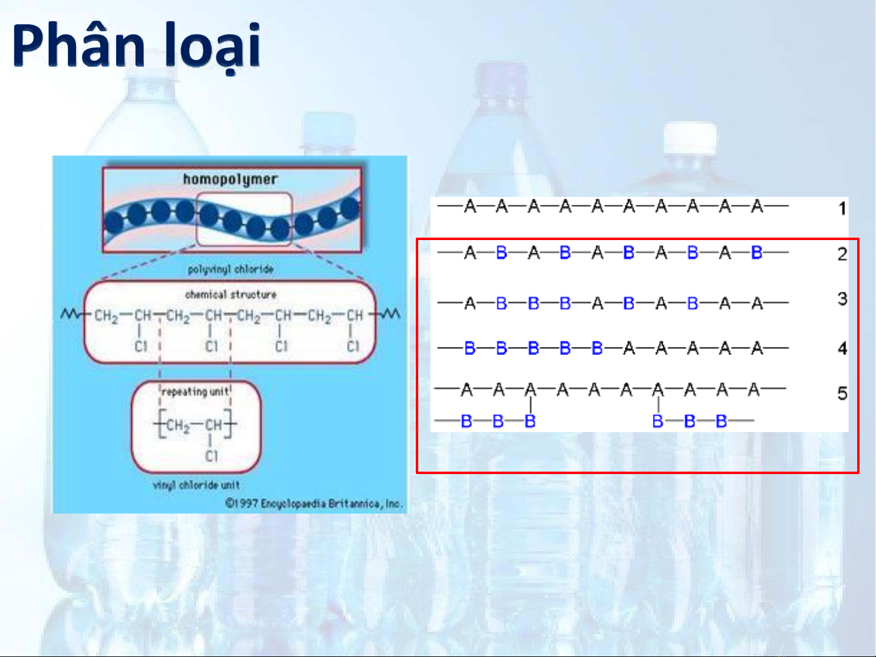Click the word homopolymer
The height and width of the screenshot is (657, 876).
(x=230, y=179)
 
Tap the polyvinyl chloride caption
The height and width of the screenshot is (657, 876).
(x=230, y=269)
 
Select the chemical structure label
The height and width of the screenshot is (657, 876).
(x=230, y=294)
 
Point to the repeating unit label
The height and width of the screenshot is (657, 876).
(x=195, y=392)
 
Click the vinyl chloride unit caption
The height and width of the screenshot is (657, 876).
(x=196, y=485)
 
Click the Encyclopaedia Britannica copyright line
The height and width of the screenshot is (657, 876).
(x=313, y=503)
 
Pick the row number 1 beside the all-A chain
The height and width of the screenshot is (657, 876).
(x=842, y=208)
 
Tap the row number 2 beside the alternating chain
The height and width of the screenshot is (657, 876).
(x=842, y=254)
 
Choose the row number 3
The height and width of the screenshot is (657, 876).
(x=842, y=299)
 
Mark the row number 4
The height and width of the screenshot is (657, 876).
(x=842, y=349)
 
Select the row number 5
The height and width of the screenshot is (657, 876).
(x=842, y=394)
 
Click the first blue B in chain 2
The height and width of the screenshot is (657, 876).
(x=502, y=252)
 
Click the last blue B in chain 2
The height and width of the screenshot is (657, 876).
(x=757, y=252)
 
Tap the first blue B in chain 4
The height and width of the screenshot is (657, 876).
(x=470, y=348)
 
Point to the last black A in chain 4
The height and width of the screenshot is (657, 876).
(x=757, y=348)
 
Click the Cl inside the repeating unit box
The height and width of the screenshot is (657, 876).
(x=211, y=456)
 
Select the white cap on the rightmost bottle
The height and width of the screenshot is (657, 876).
(x=689, y=139)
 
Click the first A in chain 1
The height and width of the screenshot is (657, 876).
(x=470, y=207)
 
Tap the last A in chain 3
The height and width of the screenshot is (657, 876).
(x=757, y=303)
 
